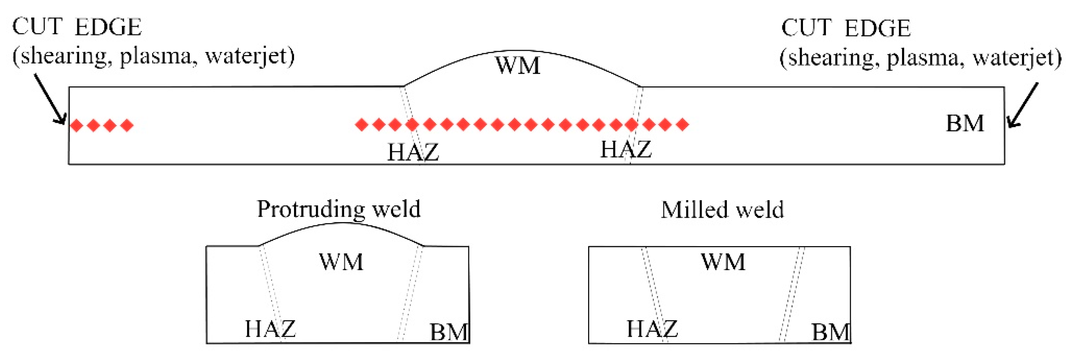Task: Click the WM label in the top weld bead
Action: pyautogui.click(x=518, y=66)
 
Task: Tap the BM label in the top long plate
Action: pyautogui.click(x=965, y=123)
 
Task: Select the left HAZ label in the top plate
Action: pyautogui.click(x=413, y=152)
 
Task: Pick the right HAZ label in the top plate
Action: pyautogui.click(x=626, y=149)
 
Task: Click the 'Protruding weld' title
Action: pyautogui.click(x=338, y=209)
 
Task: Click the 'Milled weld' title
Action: pyautogui.click(x=722, y=209)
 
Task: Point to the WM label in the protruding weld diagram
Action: pyautogui.click(x=341, y=262)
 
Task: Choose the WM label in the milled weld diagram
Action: pyautogui.click(x=723, y=262)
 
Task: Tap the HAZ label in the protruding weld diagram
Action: pyautogui.click(x=270, y=329)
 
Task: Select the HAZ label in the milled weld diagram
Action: pyautogui.click(x=652, y=329)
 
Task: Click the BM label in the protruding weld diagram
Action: pyautogui.click(x=449, y=332)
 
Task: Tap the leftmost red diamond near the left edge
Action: pyautogui.click(x=76, y=125)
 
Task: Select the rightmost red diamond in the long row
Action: pyautogui.click(x=683, y=124)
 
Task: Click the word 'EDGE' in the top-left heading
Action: pyautogui.click(x=109, y=28)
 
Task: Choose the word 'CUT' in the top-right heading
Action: pyautogui.click(x=806, y=28)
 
